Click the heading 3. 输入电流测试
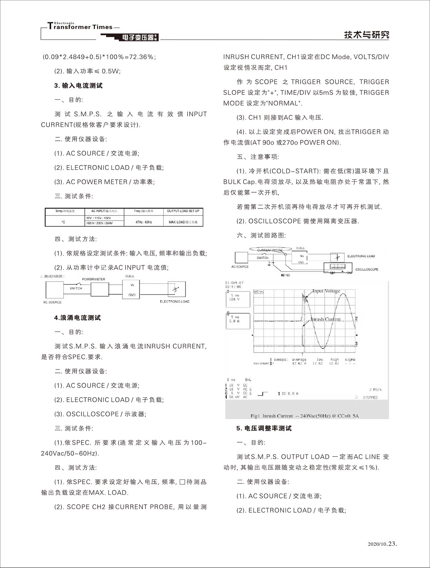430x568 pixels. (x=78, y=86)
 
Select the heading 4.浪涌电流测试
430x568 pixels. (x=77, y=318)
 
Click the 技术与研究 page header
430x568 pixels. (x=366, y=35)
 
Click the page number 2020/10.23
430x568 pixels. (x=382, y=543)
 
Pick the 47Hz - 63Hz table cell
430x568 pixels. (x=144, y=222)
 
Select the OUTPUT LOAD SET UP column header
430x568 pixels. (x=183, y=211)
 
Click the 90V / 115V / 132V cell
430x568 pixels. (x=98, y=218)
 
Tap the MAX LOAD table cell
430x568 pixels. (x=183, y=222)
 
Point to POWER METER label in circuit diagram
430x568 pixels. (x=93, y=279)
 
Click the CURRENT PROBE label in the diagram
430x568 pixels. (x=270, y=250)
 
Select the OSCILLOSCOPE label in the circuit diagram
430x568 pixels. (x=367, y=269)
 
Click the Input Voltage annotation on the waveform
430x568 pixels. (x=326, y=291)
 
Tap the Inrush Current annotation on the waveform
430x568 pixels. (x=326, y=319)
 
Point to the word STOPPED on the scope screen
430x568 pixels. (x=370, y=397)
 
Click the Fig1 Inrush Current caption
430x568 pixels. (x=304, y=416)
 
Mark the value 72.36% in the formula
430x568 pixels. (x=142, y=57)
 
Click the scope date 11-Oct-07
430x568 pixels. (x=234, y=283)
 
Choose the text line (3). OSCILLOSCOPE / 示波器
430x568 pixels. (x=100, y=414)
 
